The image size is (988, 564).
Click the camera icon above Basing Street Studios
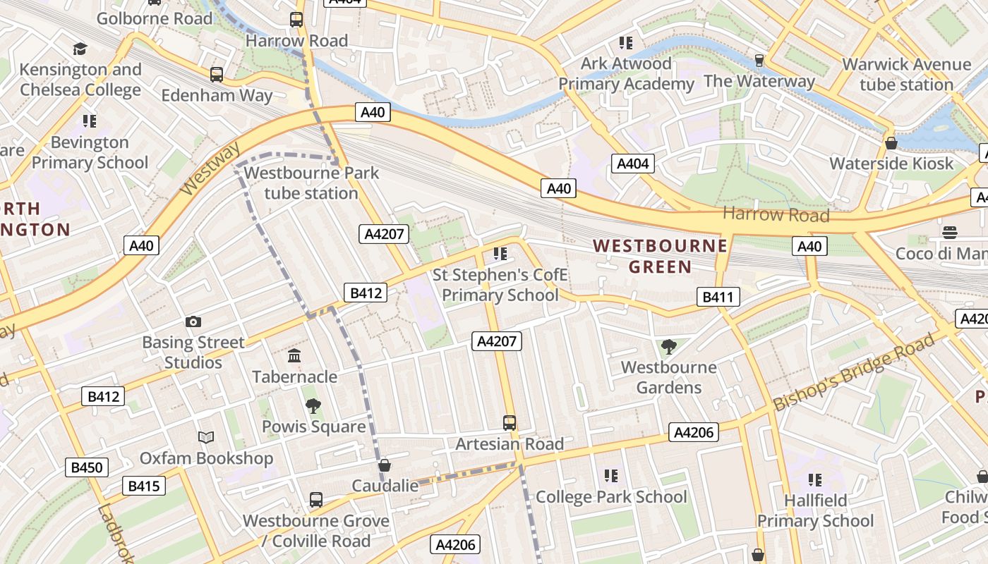(x=193, y=322)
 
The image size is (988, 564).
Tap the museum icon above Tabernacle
(x=294, y=356)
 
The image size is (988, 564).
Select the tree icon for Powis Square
(x=313, y=406)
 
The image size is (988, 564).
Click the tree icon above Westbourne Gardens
(x=668, y=347)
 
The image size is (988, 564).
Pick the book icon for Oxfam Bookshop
(x=205, y=438)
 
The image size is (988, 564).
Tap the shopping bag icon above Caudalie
(x=385, y=465)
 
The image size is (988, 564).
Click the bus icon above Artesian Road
(x=510, y=423)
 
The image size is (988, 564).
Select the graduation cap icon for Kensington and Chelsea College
(x=80, y=49)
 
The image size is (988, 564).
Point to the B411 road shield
(x=718, y=297)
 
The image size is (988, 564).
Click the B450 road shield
(x=87, y=467)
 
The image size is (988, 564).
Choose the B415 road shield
(x=144, y=486)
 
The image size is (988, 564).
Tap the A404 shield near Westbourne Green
(x=632, y=164)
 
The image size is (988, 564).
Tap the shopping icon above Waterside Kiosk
(x=891, y=143)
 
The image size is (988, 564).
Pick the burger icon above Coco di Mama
(x=950, y=233)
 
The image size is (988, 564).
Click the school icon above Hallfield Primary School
(x=815, y=480)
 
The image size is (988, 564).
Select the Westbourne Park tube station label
(x=311, y=183)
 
